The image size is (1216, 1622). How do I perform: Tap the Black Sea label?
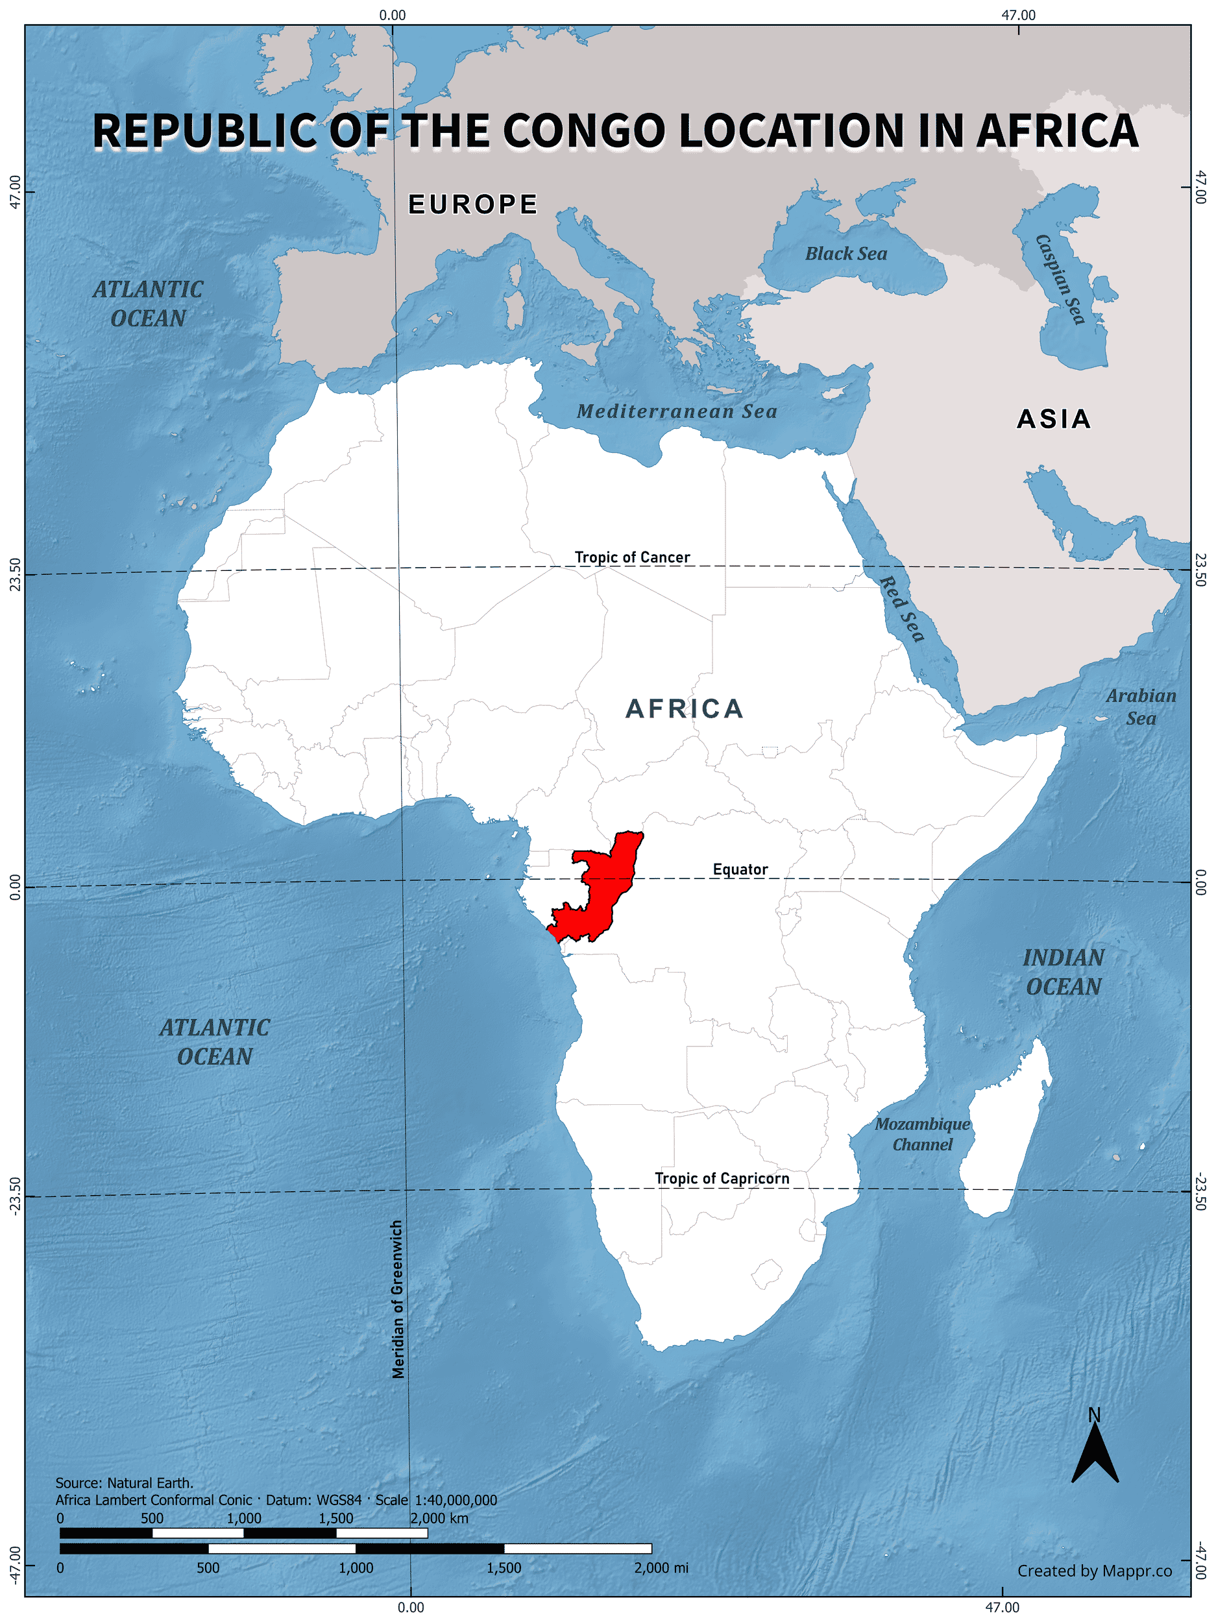pyautogui.click(x=845, y=254)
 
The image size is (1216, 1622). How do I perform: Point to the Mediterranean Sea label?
pyautogui.click(x=676, y=411)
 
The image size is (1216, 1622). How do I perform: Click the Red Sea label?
pyautogui.click(x=901, y=609)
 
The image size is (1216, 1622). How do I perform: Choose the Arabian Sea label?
pyautogui.click(x=1141, y=707)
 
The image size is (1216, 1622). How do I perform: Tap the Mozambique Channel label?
pyautogui.click(x=922, y=1133)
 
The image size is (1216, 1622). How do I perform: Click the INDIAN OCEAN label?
pyautogui.click(x=1064, y=972)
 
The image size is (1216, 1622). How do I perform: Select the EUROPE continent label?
pyautogui.click(x=473, y=204)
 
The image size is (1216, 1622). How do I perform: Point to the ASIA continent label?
pyautogui.click(x=1054, y=418)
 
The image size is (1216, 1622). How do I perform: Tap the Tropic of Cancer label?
pyautogui.click(x=631, y=557)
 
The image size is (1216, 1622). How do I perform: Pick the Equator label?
pyautogui.click(x=740, y=869)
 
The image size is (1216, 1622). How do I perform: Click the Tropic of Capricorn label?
pyautogui.click(x=722, y=1178)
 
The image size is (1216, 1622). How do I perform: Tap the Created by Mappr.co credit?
pyautogui.click(x=1094, y=1571)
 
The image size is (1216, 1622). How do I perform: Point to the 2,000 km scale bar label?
pyautogui.click(x=439, y=1518)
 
